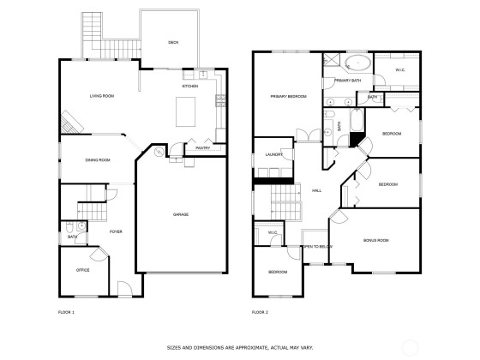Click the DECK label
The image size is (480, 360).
tap(173, 43)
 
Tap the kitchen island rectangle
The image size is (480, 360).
tap(185, 111)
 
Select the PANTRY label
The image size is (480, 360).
tap(203, 148)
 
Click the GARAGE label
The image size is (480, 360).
tap(181, 214)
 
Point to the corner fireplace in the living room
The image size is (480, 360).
tap(70, 123)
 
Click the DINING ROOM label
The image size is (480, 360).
tap(98, 160)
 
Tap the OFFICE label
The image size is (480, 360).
tap(82, 270)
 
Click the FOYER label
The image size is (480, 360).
tap(116, 231)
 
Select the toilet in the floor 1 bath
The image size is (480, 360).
tap(69, 227)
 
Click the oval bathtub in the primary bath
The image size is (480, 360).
tap(358, 63)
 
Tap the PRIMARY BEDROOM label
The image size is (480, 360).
tap(288, 96)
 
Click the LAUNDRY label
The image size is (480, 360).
tap(274, 154)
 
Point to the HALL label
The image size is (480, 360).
tap(316, 190)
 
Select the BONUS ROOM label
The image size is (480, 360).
tap(376, 240)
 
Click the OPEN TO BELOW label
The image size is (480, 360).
tap(317, 247)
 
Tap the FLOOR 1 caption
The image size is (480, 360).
tap(66, 312)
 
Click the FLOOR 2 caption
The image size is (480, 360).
tap(260, 312)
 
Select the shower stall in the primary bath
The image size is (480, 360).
tap(330, 59)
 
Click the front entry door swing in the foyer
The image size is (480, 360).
tap(125, 289)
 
